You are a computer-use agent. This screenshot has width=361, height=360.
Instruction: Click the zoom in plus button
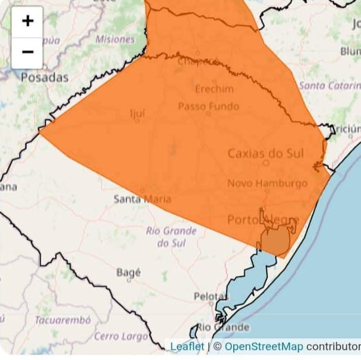27,22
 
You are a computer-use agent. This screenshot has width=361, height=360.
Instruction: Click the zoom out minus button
27,52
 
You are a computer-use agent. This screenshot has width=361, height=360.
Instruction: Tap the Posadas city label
45,77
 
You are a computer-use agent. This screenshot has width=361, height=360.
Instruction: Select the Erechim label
214,89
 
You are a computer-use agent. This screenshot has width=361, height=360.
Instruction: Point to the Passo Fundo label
208,106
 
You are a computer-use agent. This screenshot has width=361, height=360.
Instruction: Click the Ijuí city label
137,113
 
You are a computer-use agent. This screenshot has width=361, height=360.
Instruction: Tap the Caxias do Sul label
266,154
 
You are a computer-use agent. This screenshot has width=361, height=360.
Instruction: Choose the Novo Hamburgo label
267,184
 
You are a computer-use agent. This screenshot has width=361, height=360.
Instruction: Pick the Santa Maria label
142,199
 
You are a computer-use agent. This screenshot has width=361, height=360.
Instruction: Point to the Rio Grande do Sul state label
171,236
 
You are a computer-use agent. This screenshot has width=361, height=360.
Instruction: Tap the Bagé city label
129,272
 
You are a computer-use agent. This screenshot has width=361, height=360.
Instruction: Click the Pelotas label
210,295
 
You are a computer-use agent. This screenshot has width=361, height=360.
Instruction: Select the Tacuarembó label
62,320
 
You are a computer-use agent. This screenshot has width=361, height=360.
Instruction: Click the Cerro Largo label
121,336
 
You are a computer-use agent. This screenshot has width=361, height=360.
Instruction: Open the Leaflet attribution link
187,346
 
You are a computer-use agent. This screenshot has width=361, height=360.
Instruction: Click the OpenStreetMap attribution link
264,346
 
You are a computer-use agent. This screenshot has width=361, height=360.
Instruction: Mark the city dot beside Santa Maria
143,191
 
